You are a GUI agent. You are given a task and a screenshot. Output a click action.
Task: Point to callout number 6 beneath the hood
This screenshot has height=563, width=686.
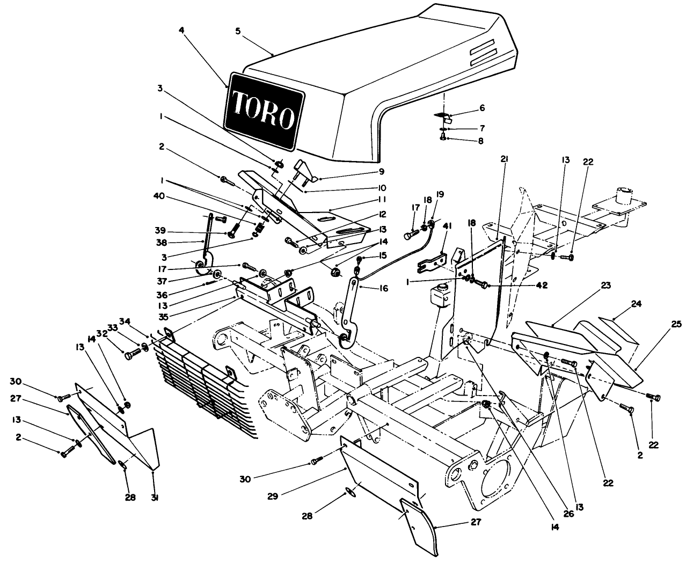(481, 108)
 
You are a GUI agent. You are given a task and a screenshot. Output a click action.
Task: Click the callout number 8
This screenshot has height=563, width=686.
(480, 141)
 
